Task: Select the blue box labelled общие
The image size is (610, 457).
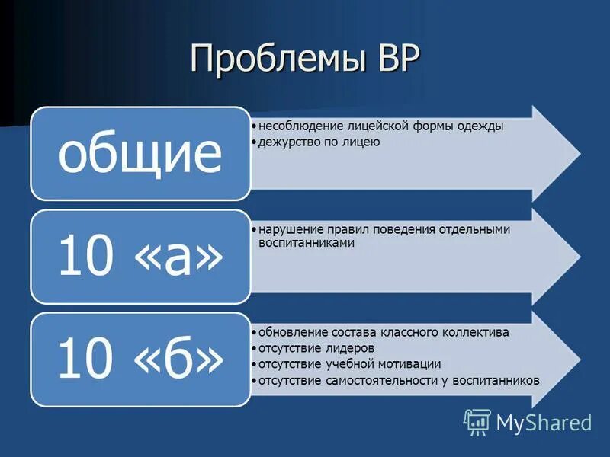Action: [x=140, y=154]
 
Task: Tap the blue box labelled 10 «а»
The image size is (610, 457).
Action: [x=140, y=257]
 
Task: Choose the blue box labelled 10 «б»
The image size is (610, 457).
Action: [x=140, y=360]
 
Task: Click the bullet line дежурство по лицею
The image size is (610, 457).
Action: [x=319, y=142]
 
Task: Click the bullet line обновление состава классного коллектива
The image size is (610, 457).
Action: [x=384, y=333]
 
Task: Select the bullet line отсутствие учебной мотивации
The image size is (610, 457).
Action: [x=349, y=364]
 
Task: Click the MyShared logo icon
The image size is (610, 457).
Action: [x=477, y=421]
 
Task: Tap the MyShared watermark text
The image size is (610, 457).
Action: [x=544, y=422]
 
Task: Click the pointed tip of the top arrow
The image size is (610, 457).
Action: [x=579, y=154]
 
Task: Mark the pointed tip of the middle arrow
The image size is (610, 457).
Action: [x=579, y=257]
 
